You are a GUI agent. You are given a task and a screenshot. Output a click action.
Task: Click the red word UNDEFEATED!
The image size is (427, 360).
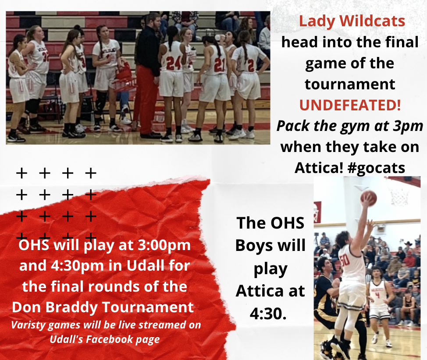point(350,105)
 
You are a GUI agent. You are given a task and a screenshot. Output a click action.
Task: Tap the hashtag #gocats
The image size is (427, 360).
point(376,168)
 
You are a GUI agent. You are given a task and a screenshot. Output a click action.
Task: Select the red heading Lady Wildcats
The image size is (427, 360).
point(352,21)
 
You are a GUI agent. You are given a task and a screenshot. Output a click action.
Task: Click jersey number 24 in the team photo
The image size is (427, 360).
point(174,63)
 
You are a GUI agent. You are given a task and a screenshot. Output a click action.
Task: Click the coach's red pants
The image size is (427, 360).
point(146,99)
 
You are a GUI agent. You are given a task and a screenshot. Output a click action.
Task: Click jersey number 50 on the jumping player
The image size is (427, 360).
point(345,260)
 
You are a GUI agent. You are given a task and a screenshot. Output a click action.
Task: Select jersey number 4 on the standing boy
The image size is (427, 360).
point(377,295)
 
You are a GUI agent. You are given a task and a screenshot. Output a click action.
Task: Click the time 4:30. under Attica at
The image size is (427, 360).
point(268,314)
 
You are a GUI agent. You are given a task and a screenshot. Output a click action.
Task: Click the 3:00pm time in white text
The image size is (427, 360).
point(164,245)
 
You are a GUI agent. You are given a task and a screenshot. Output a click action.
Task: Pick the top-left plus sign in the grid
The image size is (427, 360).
point(22,173)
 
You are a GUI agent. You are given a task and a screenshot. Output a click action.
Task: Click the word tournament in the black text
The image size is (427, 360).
point(350,85)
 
